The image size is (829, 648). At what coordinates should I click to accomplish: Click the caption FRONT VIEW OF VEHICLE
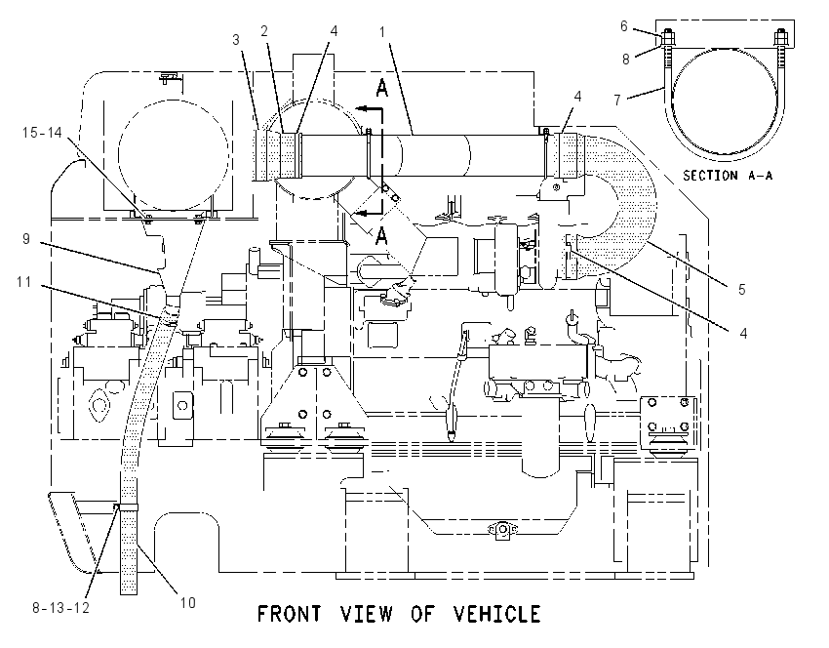pos(399,614)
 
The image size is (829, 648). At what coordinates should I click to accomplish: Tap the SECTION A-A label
pos(728,175)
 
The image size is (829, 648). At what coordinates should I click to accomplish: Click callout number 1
pos(382,32)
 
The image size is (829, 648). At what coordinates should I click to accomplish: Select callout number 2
pos(264,31)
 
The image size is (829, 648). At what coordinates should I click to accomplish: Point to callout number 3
pos(236,40)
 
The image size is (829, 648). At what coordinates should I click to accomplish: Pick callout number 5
pos(742,289)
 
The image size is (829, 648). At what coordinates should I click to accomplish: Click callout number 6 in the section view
pos(624,26)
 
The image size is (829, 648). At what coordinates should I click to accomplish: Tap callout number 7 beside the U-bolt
pos(617,99)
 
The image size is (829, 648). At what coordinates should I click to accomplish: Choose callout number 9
pos(26,239)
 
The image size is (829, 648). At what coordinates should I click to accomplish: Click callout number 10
pos(187,602)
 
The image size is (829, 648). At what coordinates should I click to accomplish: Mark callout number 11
pos(23,281)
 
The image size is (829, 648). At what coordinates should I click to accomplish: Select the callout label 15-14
pos(42,132)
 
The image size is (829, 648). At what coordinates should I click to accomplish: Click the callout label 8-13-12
pos(60,608)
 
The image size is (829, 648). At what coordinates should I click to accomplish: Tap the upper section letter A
pos(381,88)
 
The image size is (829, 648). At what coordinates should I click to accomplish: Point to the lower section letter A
pos(381,235)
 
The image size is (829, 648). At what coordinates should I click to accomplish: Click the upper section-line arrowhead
pos(361,109)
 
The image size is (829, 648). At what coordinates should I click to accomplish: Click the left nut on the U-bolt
pos(668,37)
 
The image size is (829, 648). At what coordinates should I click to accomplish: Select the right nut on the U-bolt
pos(781,37)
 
